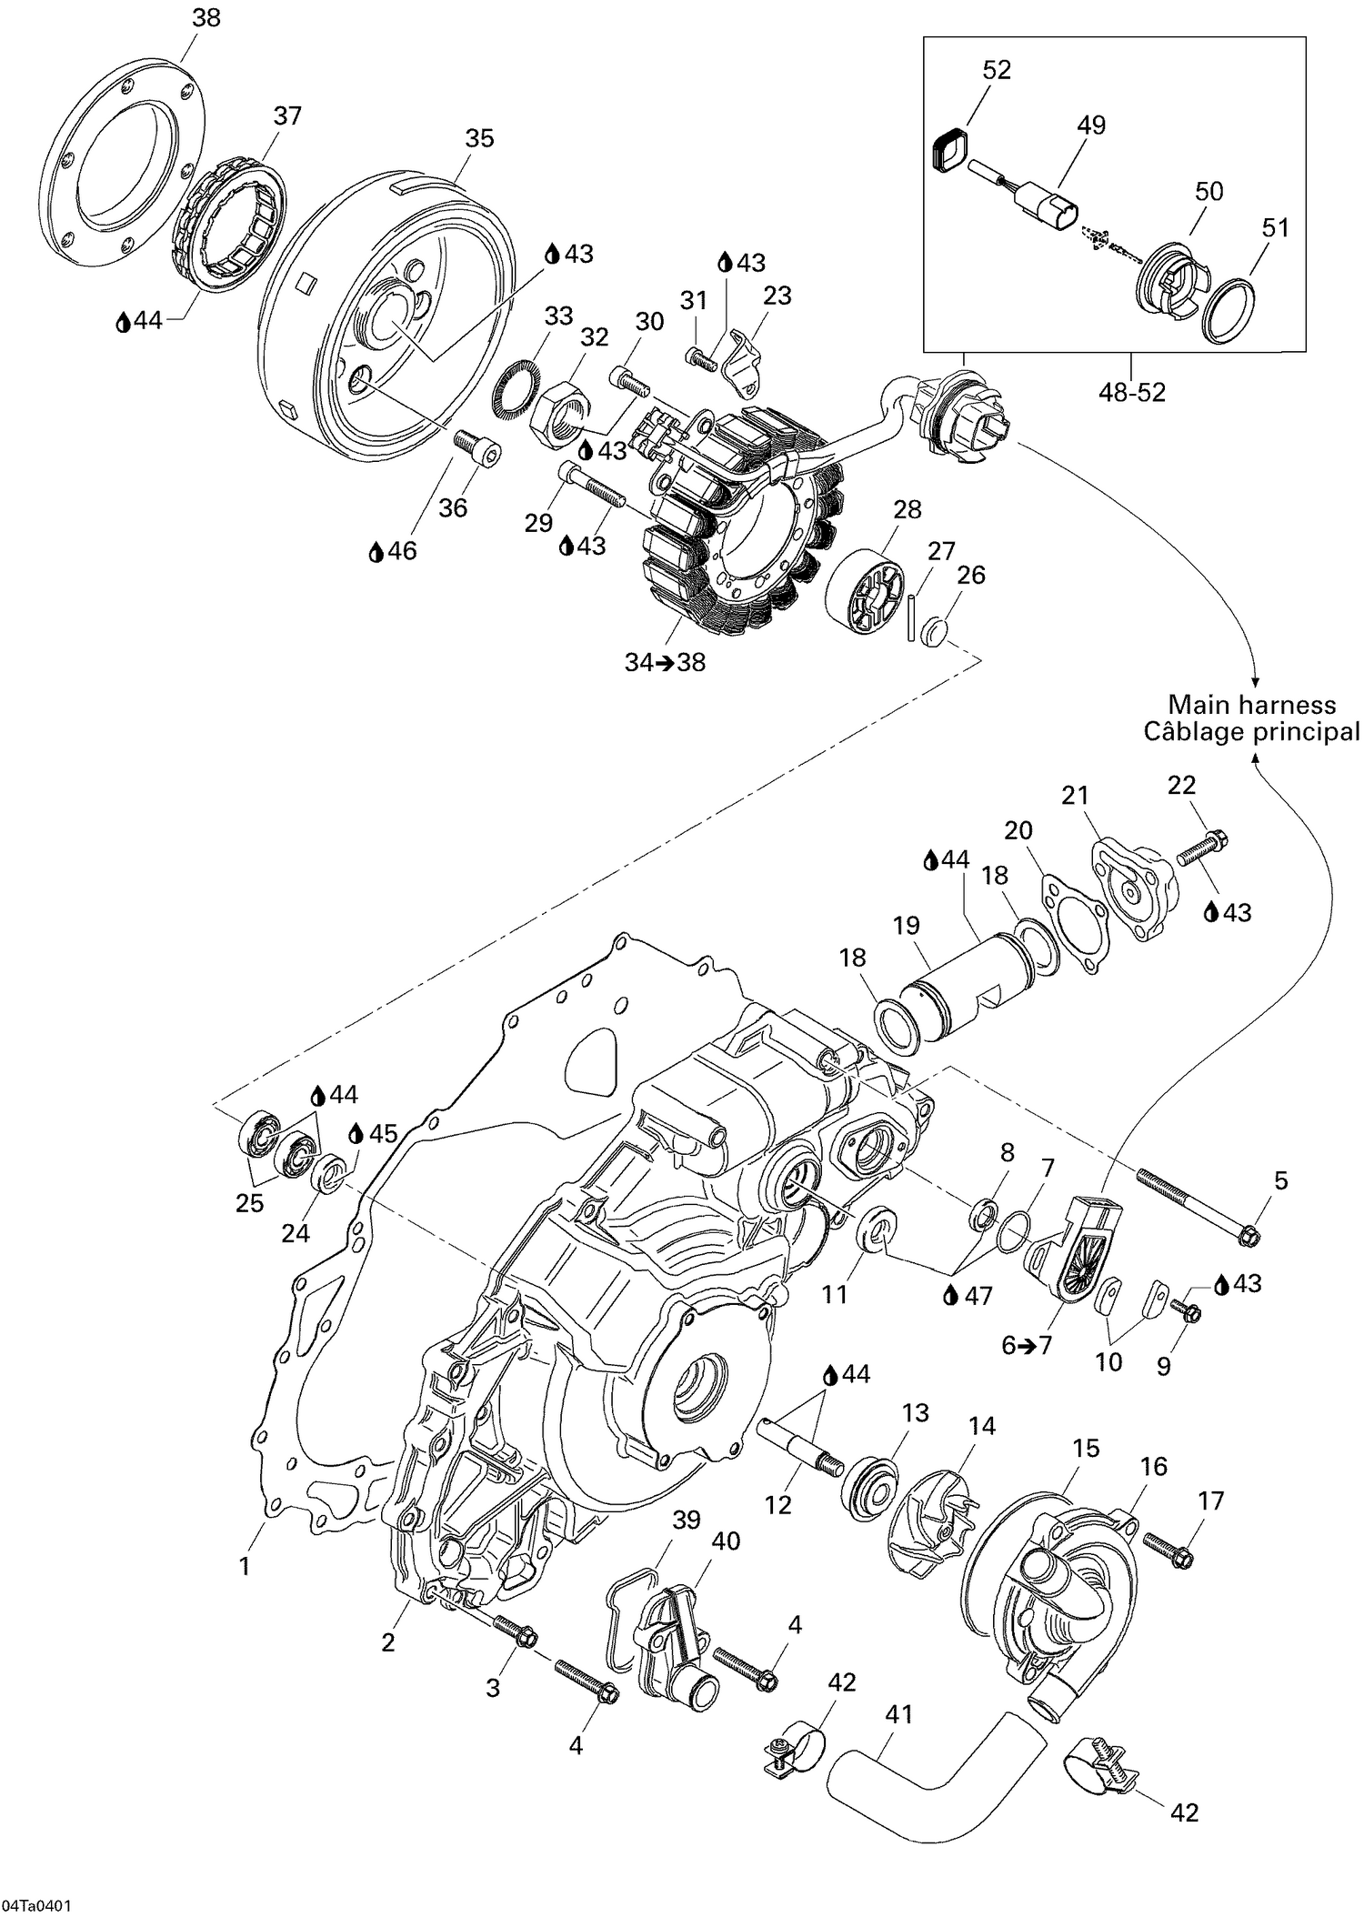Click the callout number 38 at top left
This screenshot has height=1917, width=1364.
(x=206, y=17)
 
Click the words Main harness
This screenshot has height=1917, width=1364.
(x=1251, y=705)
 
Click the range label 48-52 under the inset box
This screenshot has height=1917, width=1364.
(x=1131, y=392)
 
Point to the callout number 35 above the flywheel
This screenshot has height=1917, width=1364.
(x=479, y=138)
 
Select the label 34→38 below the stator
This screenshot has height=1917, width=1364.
(x=665, y=663)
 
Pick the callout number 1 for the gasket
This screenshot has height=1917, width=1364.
(x=244, y=1566)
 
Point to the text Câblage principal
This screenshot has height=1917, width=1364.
(x=1251, y=732)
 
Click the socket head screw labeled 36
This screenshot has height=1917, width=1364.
(x=476, y=451)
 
